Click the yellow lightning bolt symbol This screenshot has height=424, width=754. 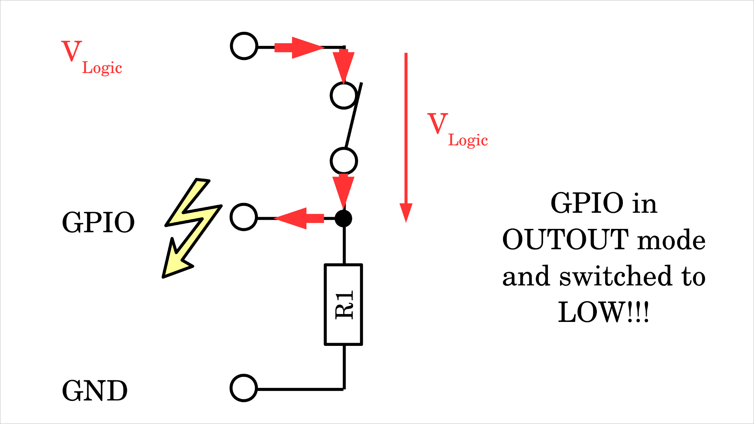[x=191, y=228]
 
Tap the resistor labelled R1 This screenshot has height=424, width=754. [x=344, y=305]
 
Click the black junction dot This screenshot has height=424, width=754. [x=344, y=219]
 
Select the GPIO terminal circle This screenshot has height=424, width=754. [x=244, y=217]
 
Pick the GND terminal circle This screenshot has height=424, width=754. [x=244, y=388]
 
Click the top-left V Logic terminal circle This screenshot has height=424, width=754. [x=244, y=46]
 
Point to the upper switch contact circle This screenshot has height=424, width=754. [x=344, y=95]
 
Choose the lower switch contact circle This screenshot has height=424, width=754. [x=344, y=161]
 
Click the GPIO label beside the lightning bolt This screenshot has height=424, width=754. [x=98, y=223]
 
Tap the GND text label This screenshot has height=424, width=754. [x=95, y=391]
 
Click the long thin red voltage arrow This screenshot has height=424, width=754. [x=406, y=137]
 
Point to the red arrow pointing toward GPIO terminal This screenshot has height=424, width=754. [x=299, y=218]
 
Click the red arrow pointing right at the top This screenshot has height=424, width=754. [x=298, y=48]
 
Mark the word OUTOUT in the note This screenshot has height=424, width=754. [x=565, y=239]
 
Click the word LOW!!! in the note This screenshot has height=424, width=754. [x=604, y=312]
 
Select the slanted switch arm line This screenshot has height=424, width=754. [x=353, y=116]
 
